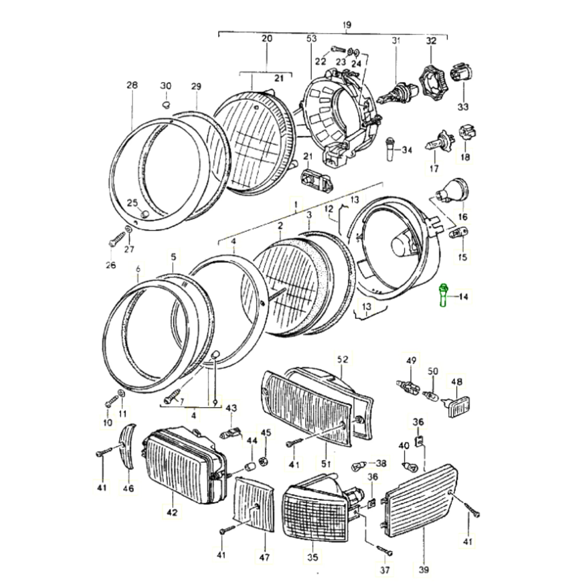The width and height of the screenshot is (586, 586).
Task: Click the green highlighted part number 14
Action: click(444, 296)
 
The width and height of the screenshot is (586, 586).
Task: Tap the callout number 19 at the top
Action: click(347, 25)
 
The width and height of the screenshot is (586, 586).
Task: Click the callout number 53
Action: click(311, 39)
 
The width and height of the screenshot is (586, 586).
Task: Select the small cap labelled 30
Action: click(166, 105)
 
